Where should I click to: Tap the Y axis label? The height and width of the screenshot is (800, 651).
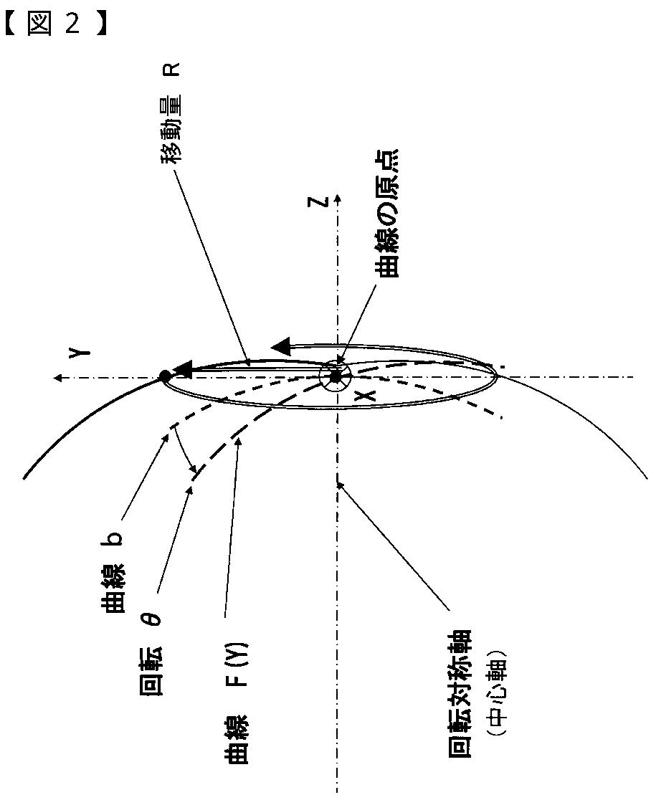tap(80, 353)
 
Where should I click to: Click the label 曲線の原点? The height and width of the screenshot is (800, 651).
tap(386, 213)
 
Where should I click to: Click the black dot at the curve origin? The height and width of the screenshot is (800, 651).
tap(335, 376)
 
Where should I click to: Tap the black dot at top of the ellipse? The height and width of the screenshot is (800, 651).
tap(165, 376)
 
